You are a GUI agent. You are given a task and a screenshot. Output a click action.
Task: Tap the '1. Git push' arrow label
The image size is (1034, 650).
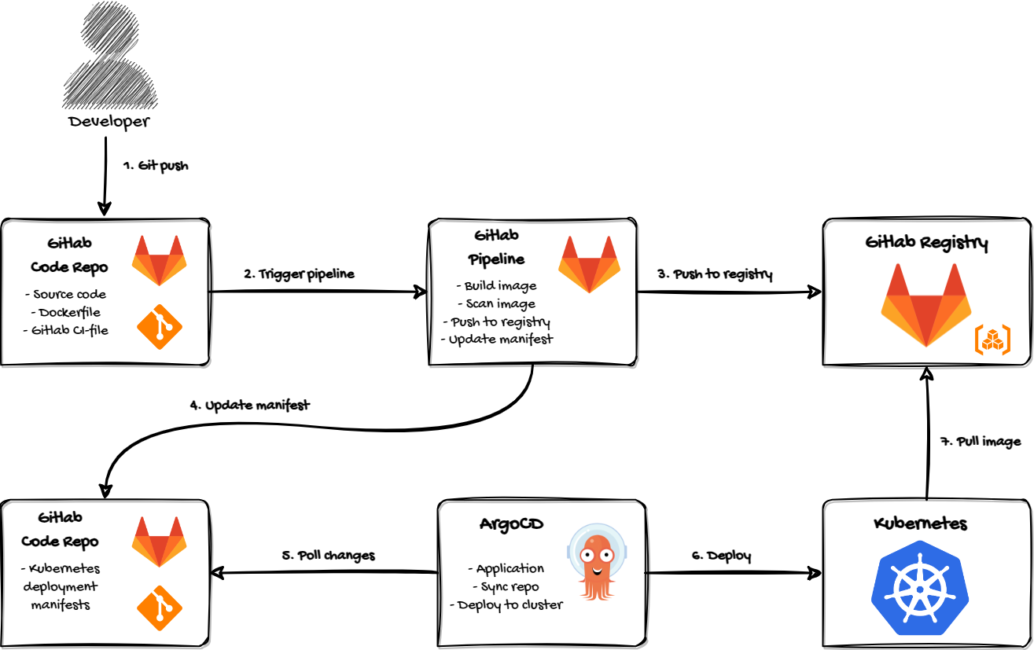(x=156, y=166)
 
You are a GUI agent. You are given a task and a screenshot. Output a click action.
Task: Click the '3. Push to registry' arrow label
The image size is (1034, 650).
(x=715, y=274)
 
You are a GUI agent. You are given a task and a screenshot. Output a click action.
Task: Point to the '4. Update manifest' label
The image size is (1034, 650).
(x=250, y=406)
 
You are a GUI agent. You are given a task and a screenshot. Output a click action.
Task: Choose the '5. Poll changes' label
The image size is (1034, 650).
(x=328, y=555)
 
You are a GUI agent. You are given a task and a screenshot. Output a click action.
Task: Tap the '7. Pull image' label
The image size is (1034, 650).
(x=981, y=441)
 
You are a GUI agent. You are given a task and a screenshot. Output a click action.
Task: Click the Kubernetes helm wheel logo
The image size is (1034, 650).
(x=919, y=588)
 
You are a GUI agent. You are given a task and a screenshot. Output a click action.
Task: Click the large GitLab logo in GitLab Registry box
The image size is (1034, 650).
(x=926, y=305)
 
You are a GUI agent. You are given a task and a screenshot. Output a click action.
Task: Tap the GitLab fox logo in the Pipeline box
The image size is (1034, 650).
(x=589, y=264)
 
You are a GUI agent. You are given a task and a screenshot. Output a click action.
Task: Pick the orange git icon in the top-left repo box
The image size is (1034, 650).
(x=160, y=327)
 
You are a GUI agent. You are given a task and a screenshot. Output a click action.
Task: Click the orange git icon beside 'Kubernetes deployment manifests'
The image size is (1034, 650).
(x=160, y=608)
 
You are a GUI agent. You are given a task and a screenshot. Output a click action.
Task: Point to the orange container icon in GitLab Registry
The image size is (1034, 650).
(x=992, y=340)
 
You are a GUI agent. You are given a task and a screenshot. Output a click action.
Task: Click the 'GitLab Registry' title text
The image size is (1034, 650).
(x=926, y=242)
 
